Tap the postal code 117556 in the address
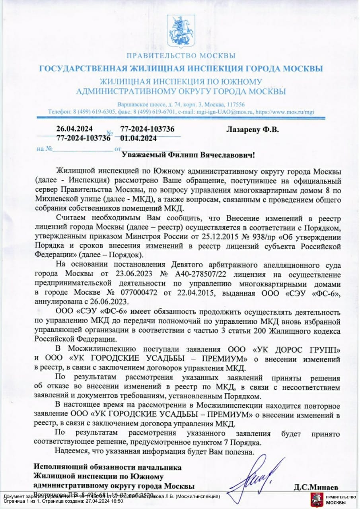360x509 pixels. pos(235,105)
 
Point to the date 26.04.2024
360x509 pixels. pos(74,130)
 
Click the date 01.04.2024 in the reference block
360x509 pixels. pos(138,138)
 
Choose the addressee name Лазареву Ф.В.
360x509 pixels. pos(253,130)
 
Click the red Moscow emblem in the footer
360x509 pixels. pos(316,500)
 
